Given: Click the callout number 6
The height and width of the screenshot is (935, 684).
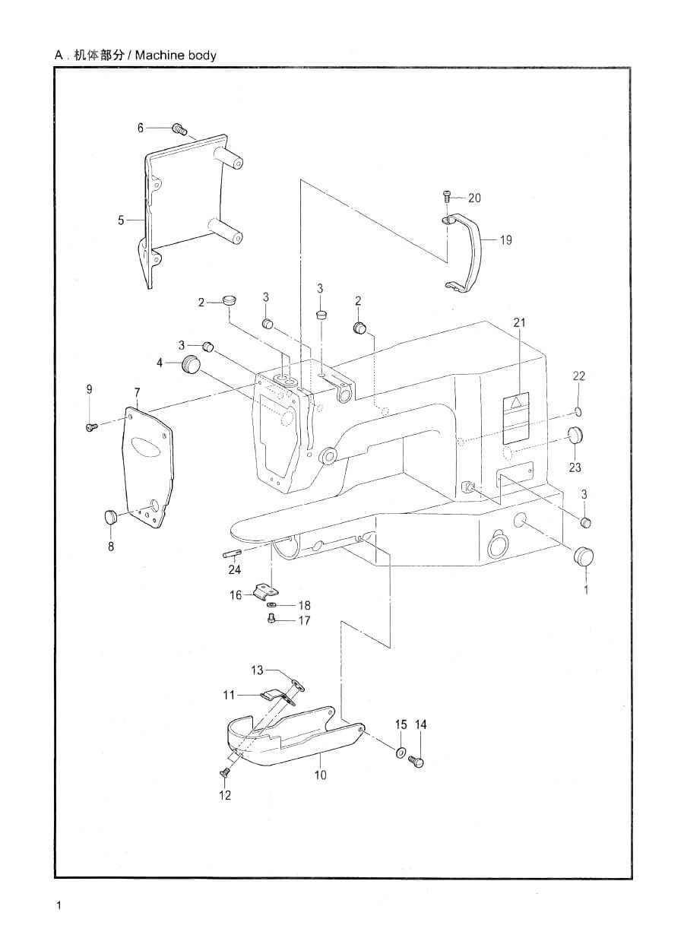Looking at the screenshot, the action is point(141,128).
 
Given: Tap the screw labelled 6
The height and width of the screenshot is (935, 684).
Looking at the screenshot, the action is point(180,129).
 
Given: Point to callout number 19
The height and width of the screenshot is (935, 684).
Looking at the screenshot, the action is point(505,240).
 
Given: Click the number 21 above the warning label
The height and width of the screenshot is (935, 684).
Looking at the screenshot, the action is point(520,322).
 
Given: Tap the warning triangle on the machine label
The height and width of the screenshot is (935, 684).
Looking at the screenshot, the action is point(516,402).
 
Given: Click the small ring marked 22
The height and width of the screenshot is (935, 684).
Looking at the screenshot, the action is point(578,411).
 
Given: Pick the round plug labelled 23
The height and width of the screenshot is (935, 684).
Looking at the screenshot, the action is point(575,436).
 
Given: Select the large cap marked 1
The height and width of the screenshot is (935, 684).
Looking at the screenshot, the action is point(584,556).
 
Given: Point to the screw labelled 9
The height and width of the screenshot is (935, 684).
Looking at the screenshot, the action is point(91,426).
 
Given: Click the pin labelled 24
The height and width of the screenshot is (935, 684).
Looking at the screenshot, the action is point(232,554).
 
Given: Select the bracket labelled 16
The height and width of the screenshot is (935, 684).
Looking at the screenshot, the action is point(265,591).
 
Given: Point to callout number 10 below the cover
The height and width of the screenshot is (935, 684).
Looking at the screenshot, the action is point(320,775).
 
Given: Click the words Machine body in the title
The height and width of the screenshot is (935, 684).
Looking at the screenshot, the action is point(176,55).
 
